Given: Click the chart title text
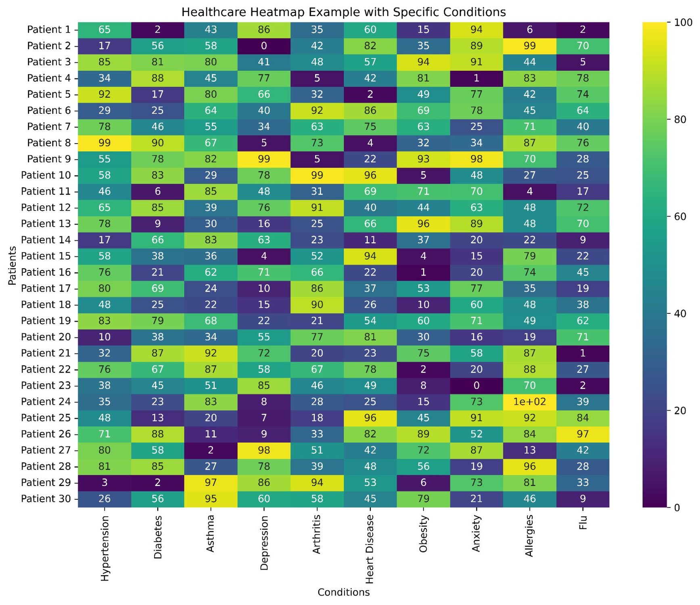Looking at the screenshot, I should point(343,12).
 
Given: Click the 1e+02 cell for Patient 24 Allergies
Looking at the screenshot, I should point(529,402).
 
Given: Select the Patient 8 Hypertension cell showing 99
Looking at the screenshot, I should point(104,143).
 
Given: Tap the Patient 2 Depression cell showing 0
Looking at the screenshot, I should point(264,46).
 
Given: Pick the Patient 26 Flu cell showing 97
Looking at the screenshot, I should point(583,434).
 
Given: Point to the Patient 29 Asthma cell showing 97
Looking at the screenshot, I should point(211,482).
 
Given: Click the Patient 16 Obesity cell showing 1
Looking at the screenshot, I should point(423,272).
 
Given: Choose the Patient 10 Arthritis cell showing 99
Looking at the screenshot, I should point(317,175).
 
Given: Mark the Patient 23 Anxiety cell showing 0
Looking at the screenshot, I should point(476,386).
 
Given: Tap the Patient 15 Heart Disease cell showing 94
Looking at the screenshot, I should point(370,256).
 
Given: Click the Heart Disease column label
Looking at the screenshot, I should point(370,549).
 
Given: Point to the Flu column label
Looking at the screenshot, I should point(583,523).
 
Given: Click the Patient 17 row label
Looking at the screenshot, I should point(46,288).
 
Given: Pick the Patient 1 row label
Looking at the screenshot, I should point(49,29).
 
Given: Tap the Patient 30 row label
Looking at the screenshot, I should point(46,499).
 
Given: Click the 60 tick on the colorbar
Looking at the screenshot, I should point(680,217).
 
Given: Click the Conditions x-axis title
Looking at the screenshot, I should point(343,592).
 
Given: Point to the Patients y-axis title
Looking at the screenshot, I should point(13,265).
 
